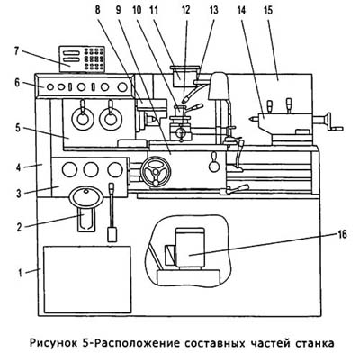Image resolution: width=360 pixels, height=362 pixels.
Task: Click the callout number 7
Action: [x=16, y=50]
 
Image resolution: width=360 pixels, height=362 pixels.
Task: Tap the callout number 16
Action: [x=342, y=234]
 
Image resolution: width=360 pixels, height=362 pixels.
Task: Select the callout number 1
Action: [x=20, y=274]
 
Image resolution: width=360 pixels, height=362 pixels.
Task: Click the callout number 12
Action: [x=185, y=10]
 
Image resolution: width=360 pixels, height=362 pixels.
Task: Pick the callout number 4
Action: [x=19, y=167]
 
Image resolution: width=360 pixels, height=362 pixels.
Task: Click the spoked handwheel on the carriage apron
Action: [x=156, y=171]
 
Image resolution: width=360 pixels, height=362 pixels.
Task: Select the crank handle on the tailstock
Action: [x=332, y=122]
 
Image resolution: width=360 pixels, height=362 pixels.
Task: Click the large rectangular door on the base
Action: [x=87, y=279]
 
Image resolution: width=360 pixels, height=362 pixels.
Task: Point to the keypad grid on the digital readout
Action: [x=94, y=59]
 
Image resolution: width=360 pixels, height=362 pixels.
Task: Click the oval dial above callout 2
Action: [x=86, y=196]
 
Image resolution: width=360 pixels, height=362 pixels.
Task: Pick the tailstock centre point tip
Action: [x=249, y=119]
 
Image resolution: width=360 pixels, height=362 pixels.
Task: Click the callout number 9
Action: [x=119, y=10]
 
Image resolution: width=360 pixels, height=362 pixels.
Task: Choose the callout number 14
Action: [x=241, y=11]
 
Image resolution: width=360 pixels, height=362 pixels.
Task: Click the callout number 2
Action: [x=19, y=227]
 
